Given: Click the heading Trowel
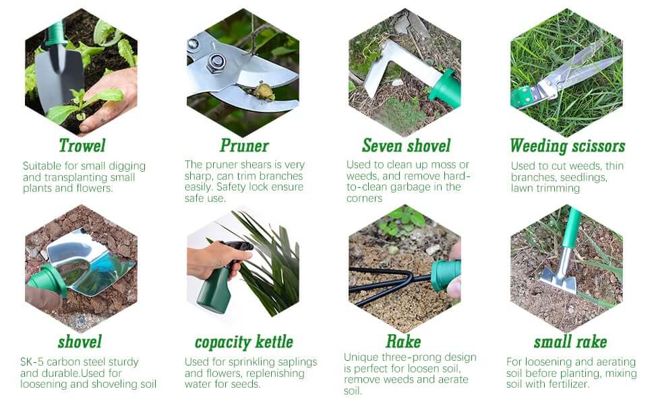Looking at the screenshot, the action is tap(82, 145).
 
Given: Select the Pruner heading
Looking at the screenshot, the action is tap(245, 145).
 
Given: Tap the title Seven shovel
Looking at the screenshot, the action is tap(407, 145).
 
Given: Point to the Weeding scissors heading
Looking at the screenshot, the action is tap(568, 146).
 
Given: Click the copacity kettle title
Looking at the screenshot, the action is tap(244, 342).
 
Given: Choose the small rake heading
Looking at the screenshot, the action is tap(570, 342).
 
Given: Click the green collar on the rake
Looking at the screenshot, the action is tap(446, 275).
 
